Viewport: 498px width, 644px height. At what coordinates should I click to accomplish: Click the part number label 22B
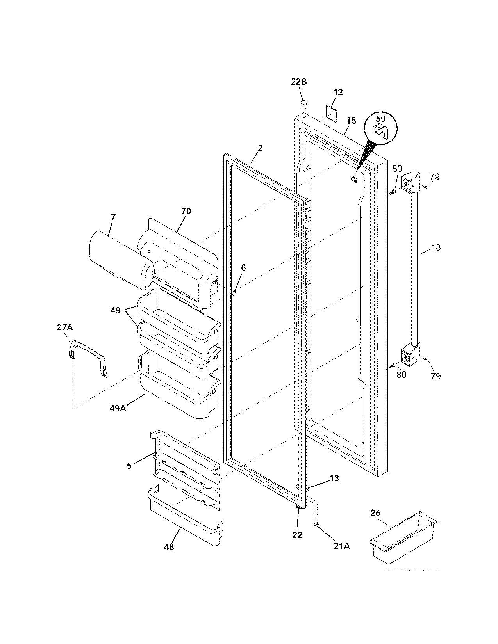point(299,82)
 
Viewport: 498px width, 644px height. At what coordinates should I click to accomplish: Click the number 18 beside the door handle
point(436,247)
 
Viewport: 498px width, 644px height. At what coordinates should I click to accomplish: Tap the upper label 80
point(396,169)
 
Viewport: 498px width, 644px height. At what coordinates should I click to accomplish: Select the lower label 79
point(436,376)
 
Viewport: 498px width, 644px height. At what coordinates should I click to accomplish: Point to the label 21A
point(341,546)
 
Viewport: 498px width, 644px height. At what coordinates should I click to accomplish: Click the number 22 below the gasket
point(297,535)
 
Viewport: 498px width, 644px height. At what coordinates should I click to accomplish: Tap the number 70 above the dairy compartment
point(186,211)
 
